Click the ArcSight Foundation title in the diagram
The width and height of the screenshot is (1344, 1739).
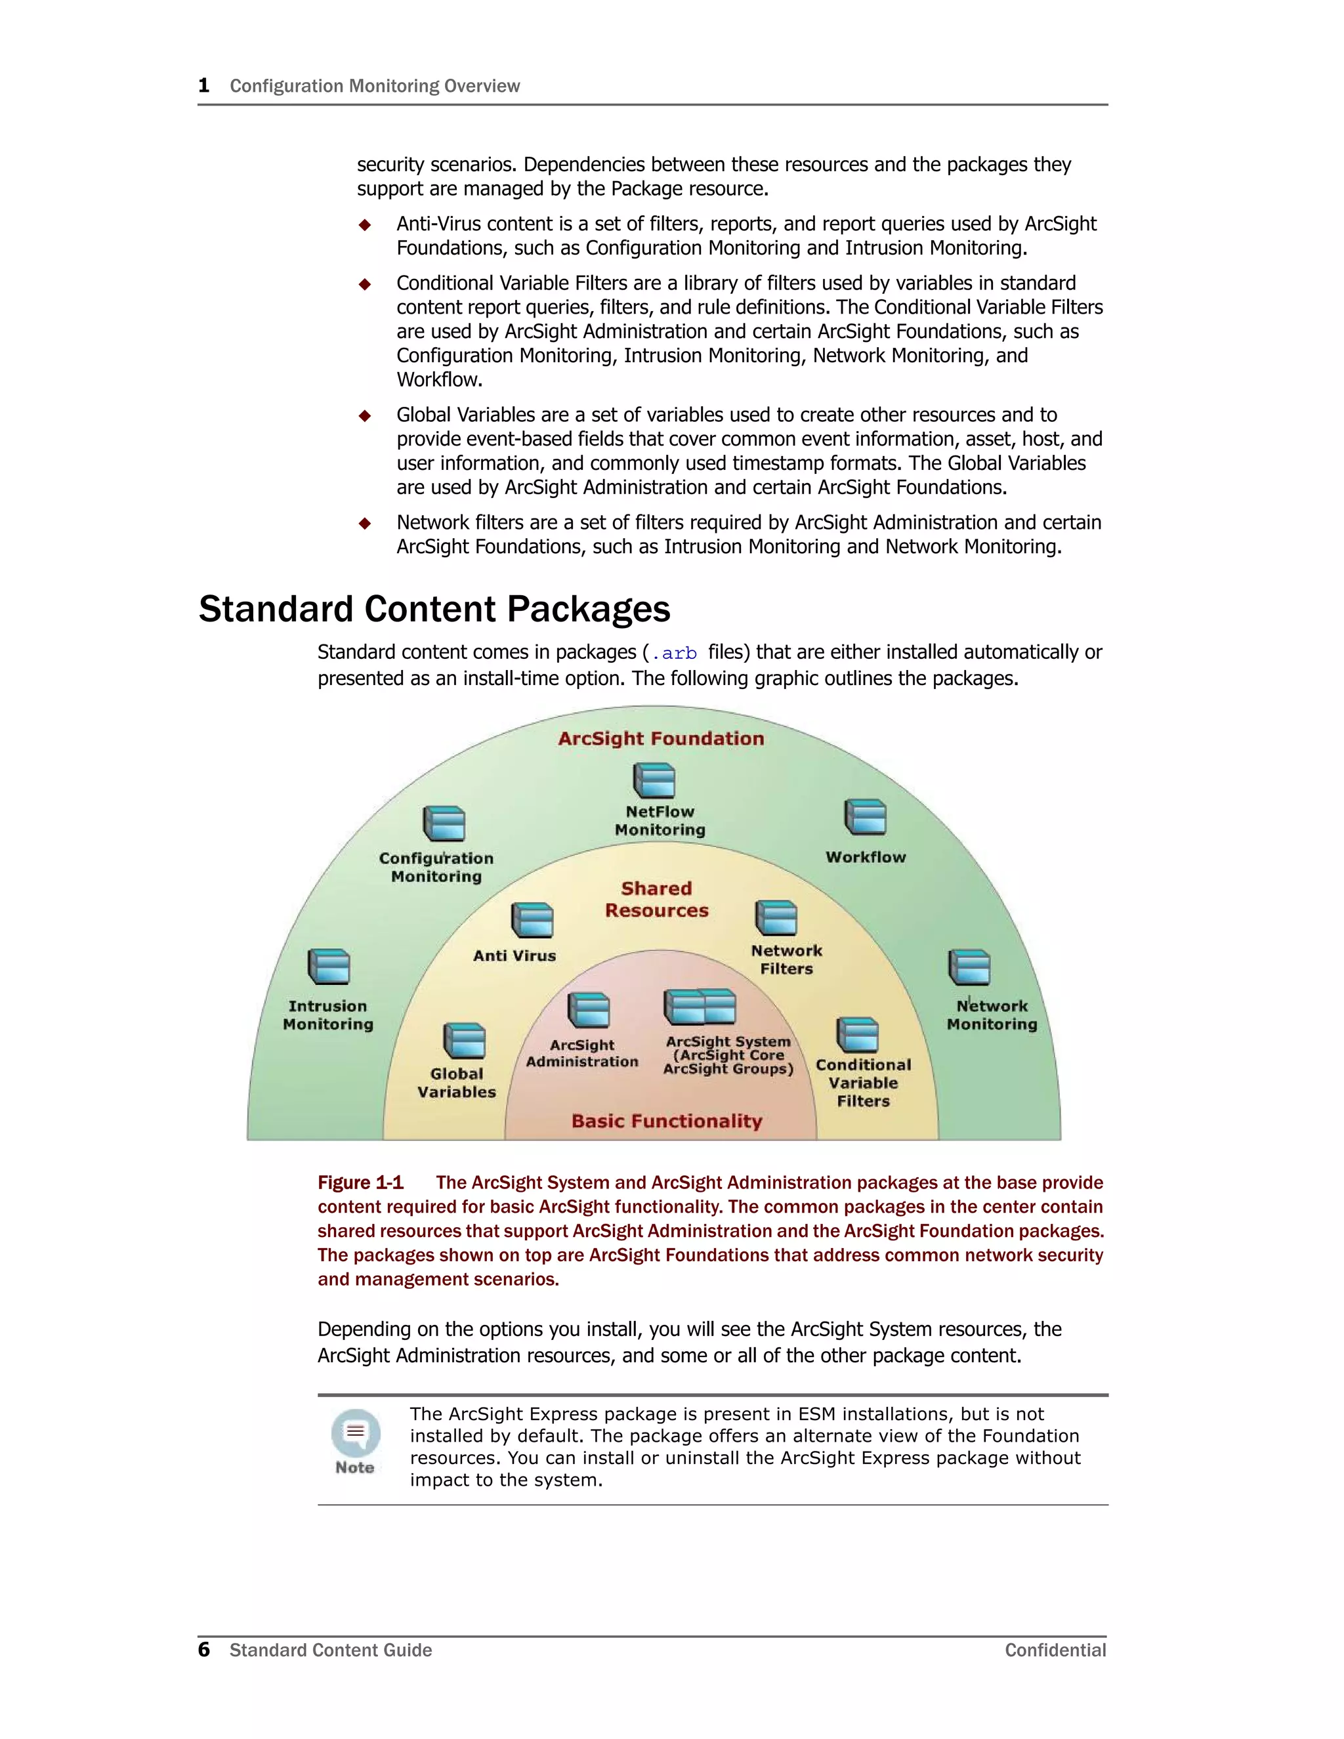pyautogui.click(x=661, y=738)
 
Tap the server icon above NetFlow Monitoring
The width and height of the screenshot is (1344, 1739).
pyautogui.click(x=654, y=780)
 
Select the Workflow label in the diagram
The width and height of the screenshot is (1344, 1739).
pyautogui.click(x=866, y=857)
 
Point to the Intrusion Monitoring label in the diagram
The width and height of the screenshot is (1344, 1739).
pyautogui.click(x=328, y=1015)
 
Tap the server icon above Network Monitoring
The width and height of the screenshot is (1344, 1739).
pyautogui.click(x=969, y=967)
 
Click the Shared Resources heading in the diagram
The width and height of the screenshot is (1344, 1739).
pyautogui.click(x=657, y=899)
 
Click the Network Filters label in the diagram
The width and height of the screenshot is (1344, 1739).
pyautogui.click(x=787, y=959)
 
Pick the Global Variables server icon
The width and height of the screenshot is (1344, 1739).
pyautogui.click(x=463, y=1041)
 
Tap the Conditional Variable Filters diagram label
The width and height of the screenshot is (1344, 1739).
pyautogui.click(x=863, y=1083)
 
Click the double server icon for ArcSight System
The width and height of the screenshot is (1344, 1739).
pyautogui.click(x=700, y=1007)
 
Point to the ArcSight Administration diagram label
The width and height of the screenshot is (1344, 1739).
pyautogui.click(x=582, y=1053)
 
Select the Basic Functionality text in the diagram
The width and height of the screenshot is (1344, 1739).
pyautogui.click(x=667, y=1121)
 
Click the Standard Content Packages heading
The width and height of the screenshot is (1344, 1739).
pyautogui.click(x=434, y=609)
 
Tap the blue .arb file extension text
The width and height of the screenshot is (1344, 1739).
pyautogui.click(x=675, y=654)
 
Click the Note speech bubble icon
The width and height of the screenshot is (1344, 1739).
pyautogui.click(x=355, y=1433)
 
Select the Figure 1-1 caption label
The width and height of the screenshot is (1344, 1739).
pyautogui.click(x=361, y=1183)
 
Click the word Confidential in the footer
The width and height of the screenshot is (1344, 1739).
pyautogui.click(x=1055, y=1650)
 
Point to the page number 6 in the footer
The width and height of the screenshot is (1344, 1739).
pyautogui.click(x=204, y=1649)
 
